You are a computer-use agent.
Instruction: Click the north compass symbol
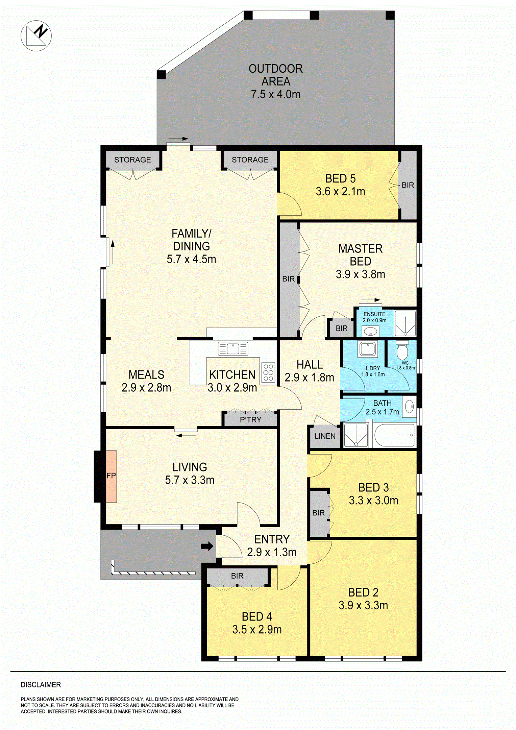(x=36, y=35)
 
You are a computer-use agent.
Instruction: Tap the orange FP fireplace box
(x=111, y=476)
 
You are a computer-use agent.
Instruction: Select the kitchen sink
(x=233, y=348)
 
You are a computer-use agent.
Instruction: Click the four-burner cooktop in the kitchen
(x=268, y=372)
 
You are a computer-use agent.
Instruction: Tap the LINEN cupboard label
(x=325, y=436)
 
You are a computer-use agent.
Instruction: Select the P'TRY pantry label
(x=250, y=420)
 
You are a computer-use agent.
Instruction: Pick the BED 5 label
(x=340, y=178)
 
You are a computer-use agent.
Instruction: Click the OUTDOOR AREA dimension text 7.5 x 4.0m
(x=275, y=94)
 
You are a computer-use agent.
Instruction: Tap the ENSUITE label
(x=374, y=314)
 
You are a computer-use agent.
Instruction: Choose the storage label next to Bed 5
(x=250, y=160)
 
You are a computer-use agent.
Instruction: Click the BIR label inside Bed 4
(x=237, y=576)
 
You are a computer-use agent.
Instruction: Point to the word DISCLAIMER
(x=41, y=685)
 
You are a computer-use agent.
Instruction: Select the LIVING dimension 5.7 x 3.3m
(x=190, y=480)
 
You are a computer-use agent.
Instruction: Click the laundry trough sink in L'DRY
(x=368, y=348)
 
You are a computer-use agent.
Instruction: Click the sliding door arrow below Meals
(x=186, y=435)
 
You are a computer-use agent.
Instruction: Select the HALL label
(x=310, y=365)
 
